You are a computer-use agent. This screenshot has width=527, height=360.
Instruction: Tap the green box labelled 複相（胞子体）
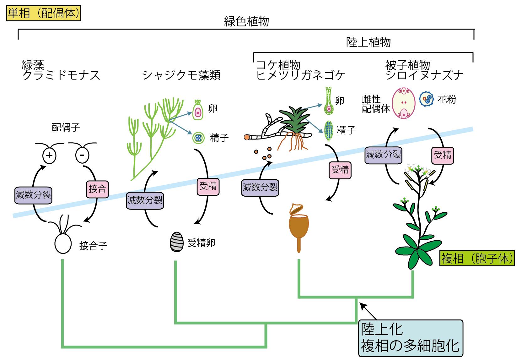pos(477,259)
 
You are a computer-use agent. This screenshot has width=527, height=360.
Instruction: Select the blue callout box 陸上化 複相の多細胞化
pos(411,338)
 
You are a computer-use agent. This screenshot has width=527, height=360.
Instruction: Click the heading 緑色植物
pos(246,22)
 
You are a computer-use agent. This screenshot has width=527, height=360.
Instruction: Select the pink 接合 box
pos(97,189)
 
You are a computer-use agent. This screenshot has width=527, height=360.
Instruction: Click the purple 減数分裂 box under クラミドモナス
pos(33,195)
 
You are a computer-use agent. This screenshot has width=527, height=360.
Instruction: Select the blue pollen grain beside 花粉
pos(427,100)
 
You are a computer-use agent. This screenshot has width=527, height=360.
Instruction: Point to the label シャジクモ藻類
pos(181,75)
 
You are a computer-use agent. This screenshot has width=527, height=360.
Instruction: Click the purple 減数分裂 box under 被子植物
pos(383,155)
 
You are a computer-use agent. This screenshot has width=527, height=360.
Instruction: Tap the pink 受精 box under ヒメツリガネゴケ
pos(340,170)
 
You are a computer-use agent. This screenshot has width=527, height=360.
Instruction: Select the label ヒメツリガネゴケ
pos(301,75)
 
